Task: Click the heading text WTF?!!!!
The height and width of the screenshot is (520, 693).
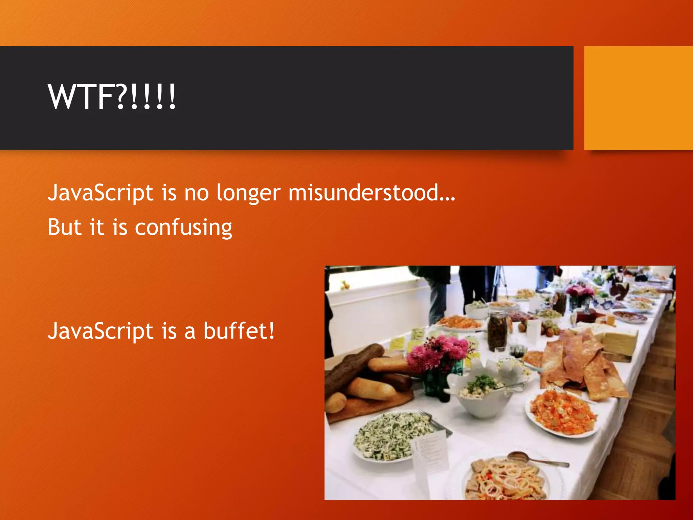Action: [x=112, y=97]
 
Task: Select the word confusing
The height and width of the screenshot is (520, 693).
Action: [x=183, y=227]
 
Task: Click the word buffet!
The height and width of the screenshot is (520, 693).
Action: [x=239, y=331]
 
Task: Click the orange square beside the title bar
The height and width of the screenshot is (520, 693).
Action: [x=638, y=98]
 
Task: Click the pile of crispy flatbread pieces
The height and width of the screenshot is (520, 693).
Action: [x=579, y=366]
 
